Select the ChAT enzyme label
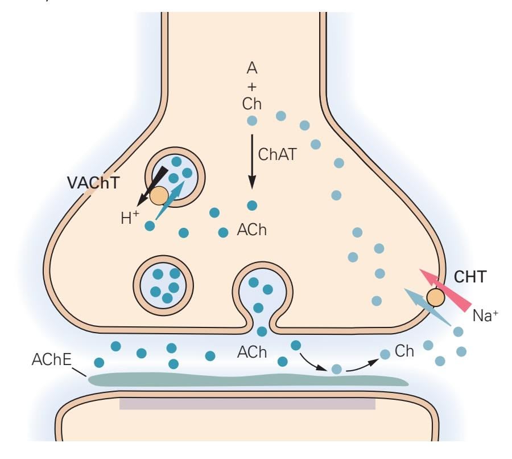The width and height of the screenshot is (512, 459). [x=277, y=154]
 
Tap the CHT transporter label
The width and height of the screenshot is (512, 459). [x=470, y=278]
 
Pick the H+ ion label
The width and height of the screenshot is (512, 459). [x=130, y=218]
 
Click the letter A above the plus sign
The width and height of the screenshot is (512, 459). [x=251, y=68]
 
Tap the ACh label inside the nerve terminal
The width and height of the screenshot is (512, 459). [x=251, y=231]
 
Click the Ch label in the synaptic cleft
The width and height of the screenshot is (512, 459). [x=404, y=351]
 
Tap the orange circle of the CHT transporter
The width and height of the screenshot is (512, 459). [x=435, y=297]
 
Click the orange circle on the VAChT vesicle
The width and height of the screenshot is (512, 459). [x=159, y=195]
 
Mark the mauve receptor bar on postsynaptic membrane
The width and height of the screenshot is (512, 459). [x=247, y=404]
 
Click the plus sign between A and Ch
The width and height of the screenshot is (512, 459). [x=251, y=87]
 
